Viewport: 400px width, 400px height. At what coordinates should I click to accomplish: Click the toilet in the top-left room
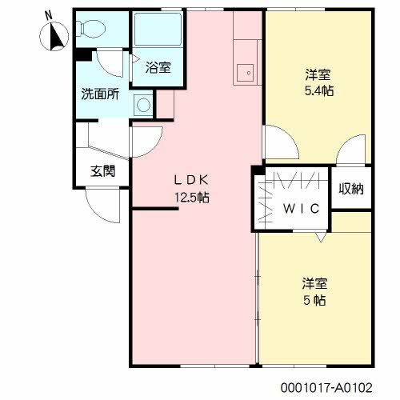point(91,29)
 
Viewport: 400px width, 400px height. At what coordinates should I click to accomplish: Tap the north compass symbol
point(55,36)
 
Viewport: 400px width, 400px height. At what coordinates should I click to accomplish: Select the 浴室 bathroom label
point(158,68)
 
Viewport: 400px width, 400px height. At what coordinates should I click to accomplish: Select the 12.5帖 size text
point(192,197)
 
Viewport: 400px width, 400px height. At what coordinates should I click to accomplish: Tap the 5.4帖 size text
point(319,90)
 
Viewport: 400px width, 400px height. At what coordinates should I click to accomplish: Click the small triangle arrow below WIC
point(320,238)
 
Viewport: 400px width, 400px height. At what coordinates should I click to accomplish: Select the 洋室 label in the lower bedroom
point(314,284)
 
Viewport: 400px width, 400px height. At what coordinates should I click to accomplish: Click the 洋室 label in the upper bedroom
point(318,74)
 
